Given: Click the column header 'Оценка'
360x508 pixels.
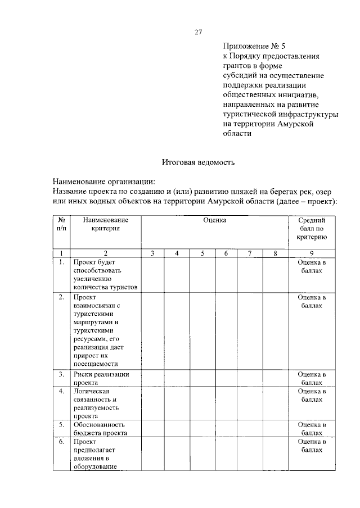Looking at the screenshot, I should [x=215, y=220].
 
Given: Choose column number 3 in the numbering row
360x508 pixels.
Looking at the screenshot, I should [x=152, y=253].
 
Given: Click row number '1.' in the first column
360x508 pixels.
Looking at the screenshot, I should [x=61, y=262].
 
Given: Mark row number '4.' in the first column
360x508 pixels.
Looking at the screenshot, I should [x=61, y=391].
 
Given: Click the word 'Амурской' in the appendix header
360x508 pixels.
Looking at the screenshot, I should [x=301, y=124].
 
